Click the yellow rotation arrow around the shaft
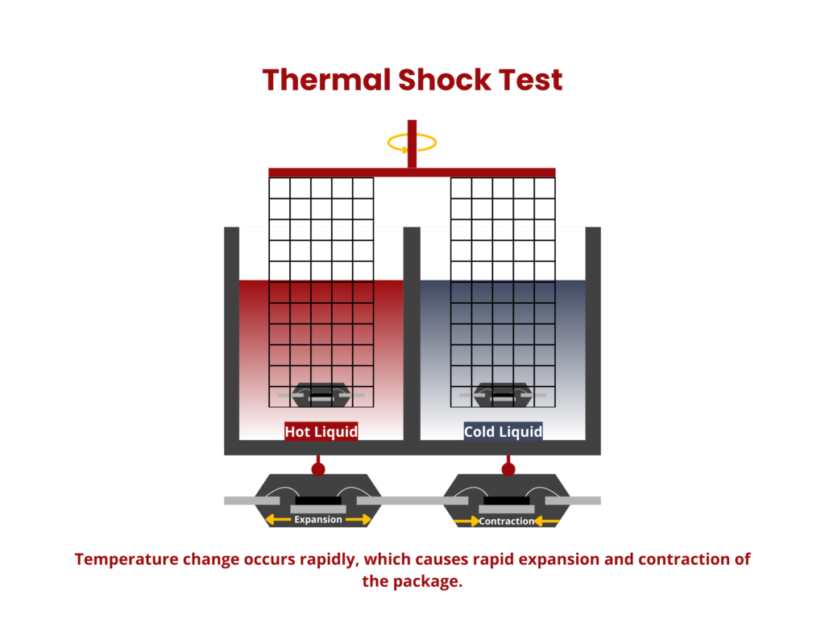(x=412, y=143)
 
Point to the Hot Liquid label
(x=321, y=432)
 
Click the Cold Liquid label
(x=503, y=432)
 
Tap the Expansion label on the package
(x=318, y=520)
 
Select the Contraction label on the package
(x=506, y=521)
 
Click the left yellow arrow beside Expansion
(x=278, y=520)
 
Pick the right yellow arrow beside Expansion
(x=359, y=520)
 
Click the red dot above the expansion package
(x=318, y=469)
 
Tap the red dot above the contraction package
(x=508, y=469)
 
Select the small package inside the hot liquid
(x=320, y=394)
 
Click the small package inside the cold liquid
(x=502, y=394)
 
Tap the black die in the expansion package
(x=318, y=501)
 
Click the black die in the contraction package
(x=507, y=501)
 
